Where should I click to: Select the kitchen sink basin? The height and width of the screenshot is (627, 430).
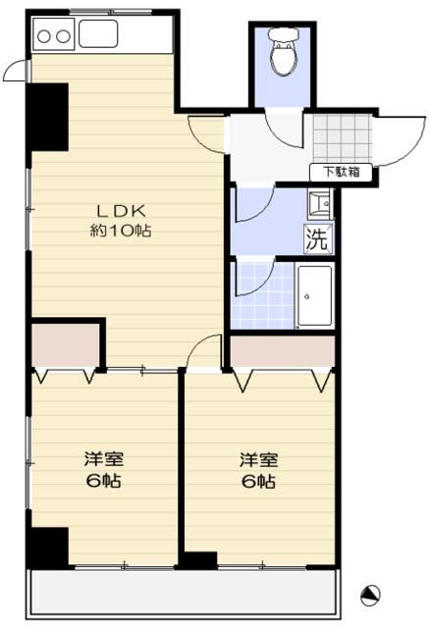click(x=98, y=35)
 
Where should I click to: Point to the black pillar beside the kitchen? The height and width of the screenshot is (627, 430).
click(x=48, y=115)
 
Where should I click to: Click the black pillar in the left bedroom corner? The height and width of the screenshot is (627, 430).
click(x=48, y=547)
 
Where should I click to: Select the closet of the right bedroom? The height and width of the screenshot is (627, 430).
click(x=282, y=349)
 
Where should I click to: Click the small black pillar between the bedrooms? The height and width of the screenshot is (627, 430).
click(x=199, y=560)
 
